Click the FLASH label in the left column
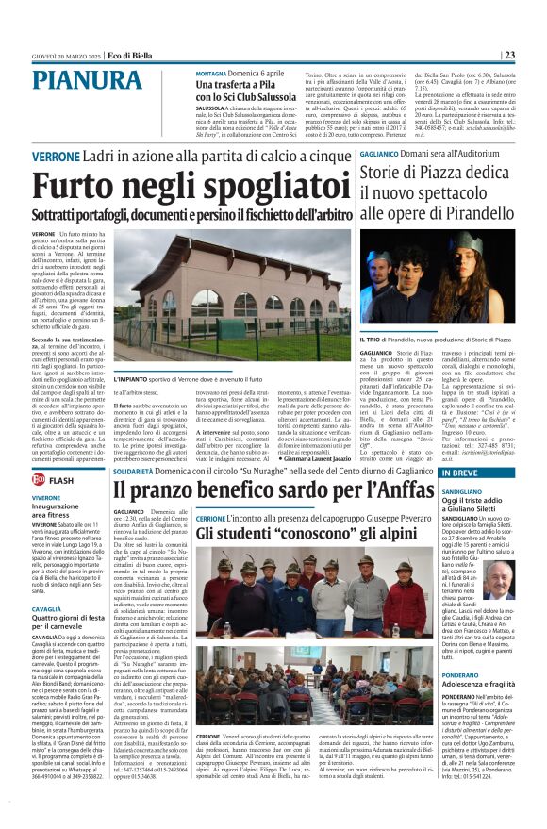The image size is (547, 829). tap(61, 481)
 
